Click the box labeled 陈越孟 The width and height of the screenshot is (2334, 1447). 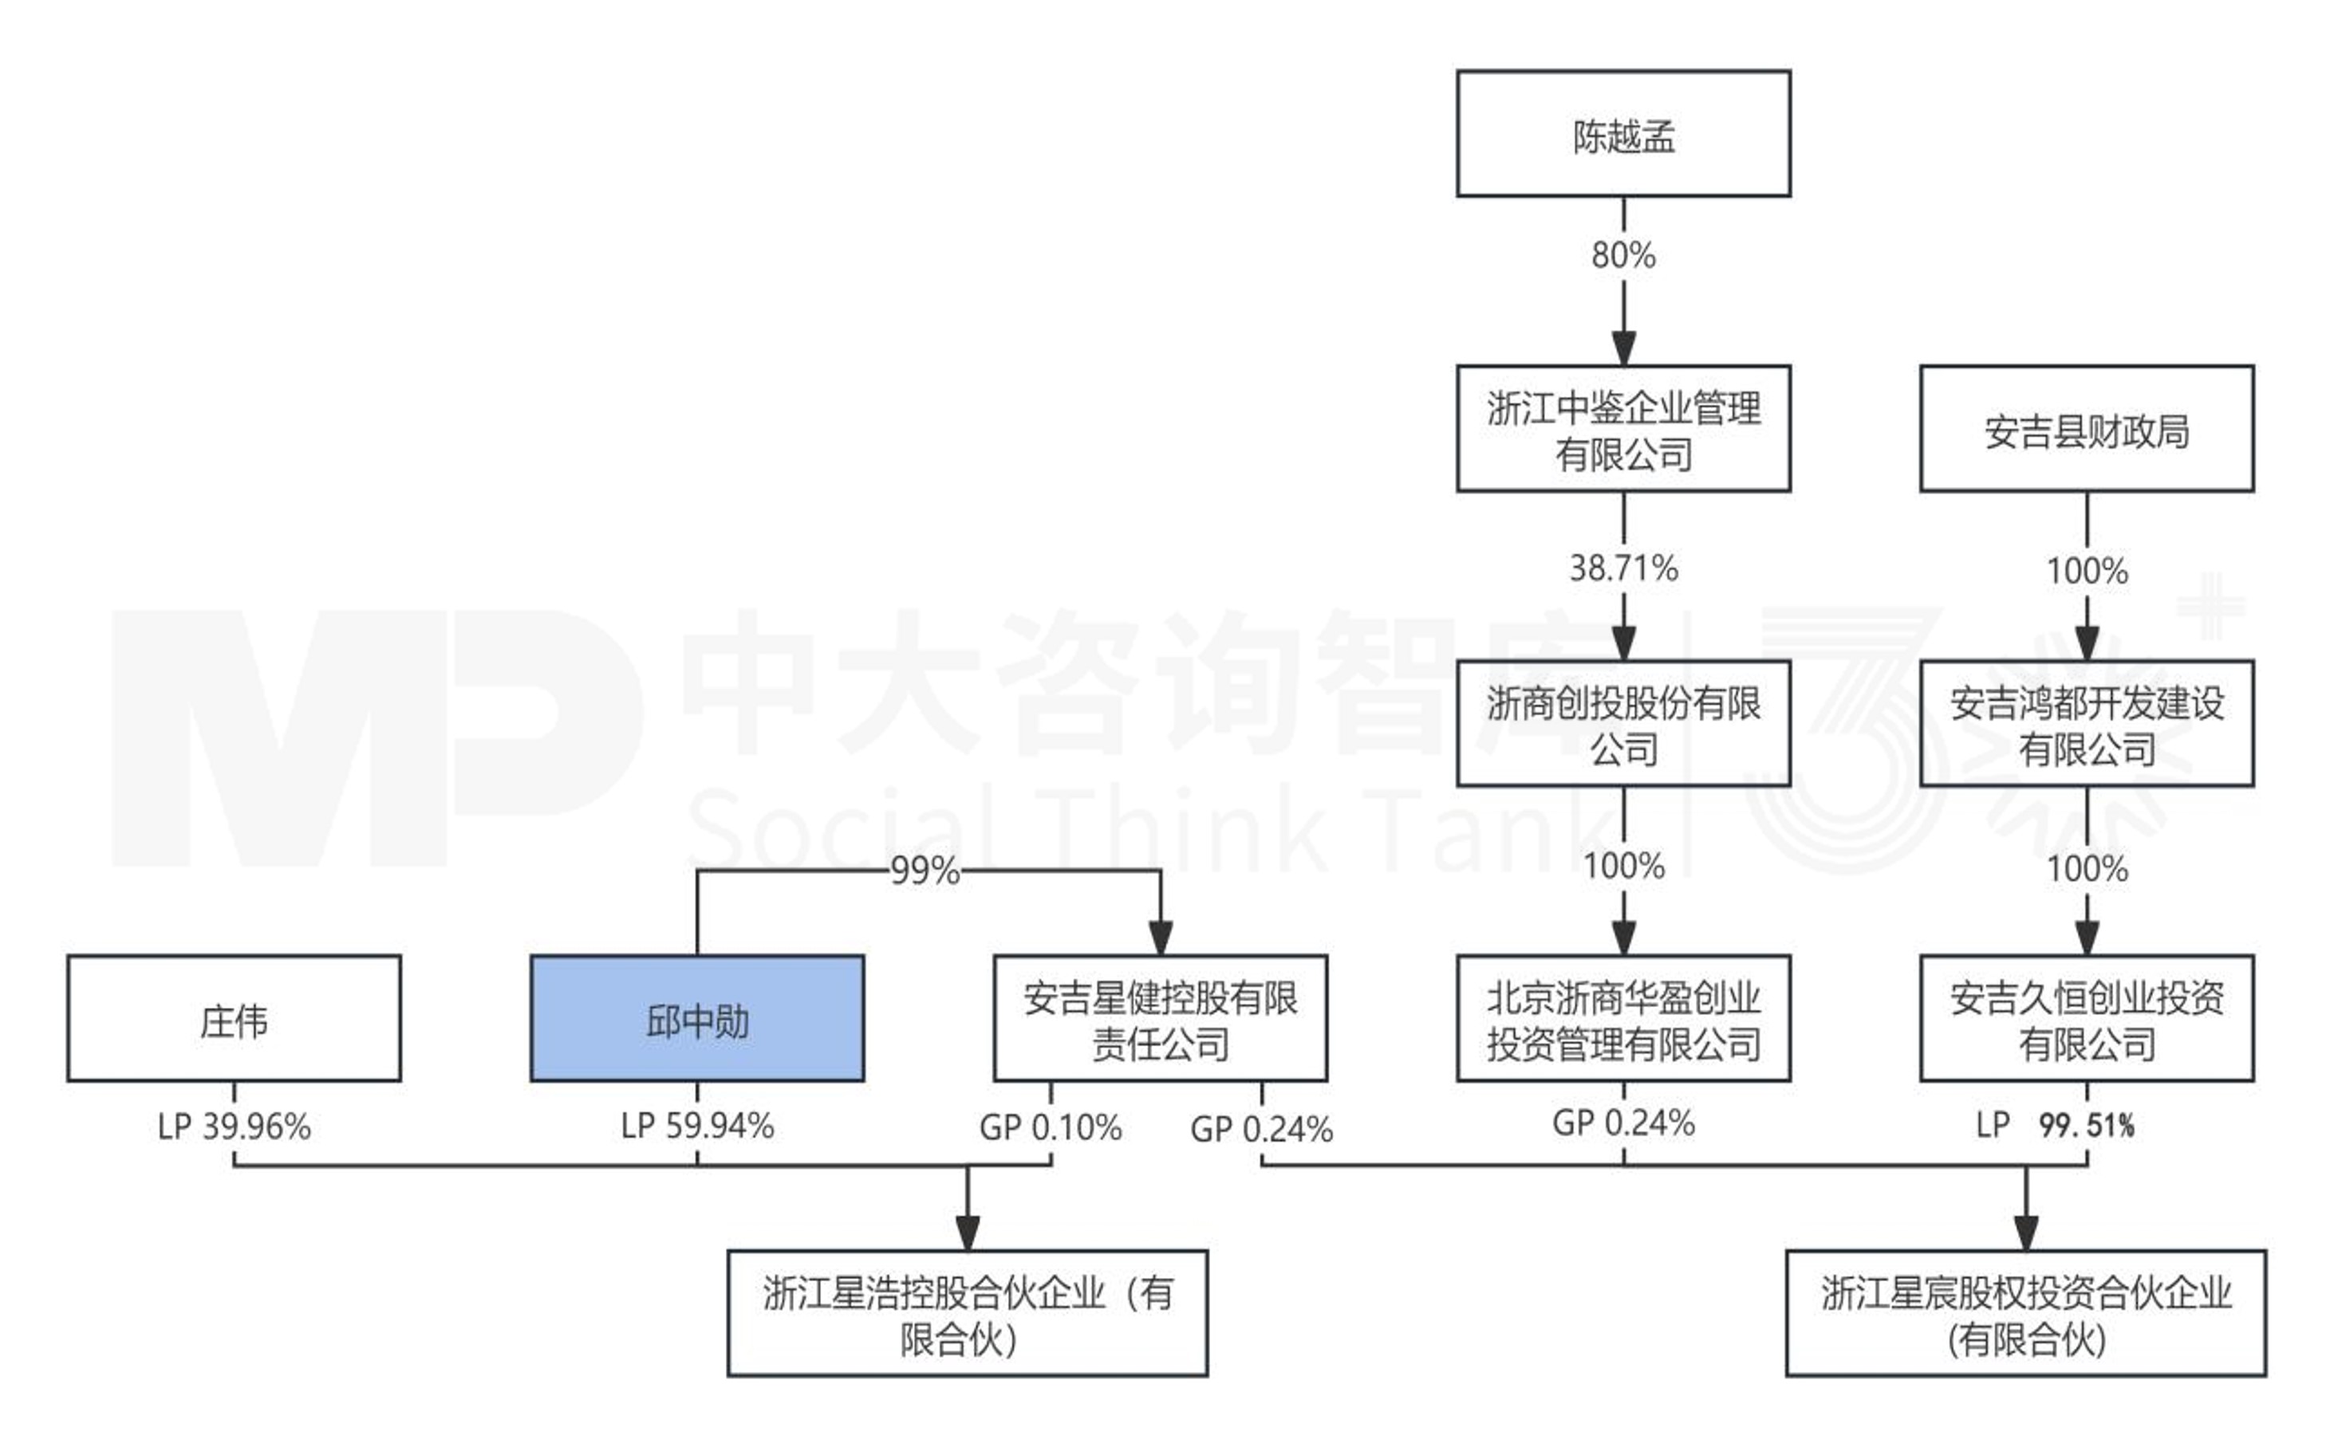point(1622,134)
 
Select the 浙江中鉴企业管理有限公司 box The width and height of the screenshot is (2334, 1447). point(1622,429)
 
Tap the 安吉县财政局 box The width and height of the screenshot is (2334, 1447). point(2086,429)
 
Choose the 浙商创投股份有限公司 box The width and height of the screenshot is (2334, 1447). point(1622,724)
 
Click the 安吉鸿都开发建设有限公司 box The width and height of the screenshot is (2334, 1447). point(2086,724)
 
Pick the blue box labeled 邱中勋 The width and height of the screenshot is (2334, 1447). point(697,1018)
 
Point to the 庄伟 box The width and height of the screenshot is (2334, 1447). point(234,1018)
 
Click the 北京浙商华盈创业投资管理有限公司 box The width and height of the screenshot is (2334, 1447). point(1622,1018)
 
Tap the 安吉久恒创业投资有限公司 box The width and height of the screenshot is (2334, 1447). point(2086,1018)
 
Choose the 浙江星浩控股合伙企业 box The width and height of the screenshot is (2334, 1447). point(967,1313)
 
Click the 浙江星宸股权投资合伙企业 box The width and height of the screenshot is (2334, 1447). point(2026,1313)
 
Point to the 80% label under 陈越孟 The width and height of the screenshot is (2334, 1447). point(1622,254)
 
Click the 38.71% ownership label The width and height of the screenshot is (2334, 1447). point(1622,568)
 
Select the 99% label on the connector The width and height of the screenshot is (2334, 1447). point(924,871)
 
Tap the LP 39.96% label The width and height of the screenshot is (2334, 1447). point(234,1127)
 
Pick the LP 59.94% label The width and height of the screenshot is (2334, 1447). point(697,1126)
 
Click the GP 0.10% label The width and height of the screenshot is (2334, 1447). point(1051,1127)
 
